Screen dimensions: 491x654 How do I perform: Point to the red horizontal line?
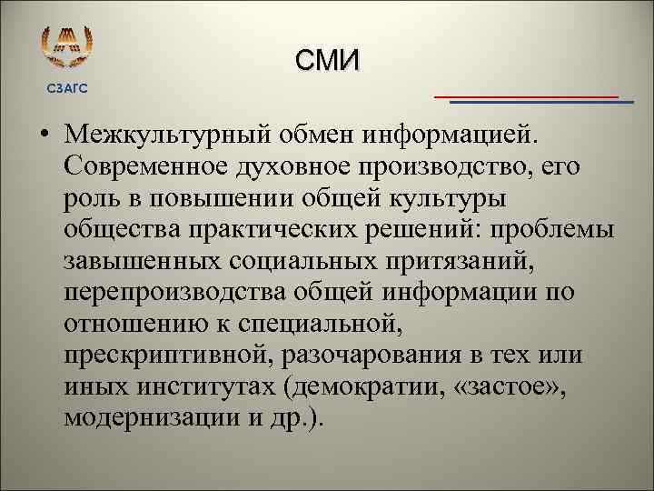(x=525, y=95)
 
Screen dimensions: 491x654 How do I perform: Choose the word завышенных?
(x=143, y=263)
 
